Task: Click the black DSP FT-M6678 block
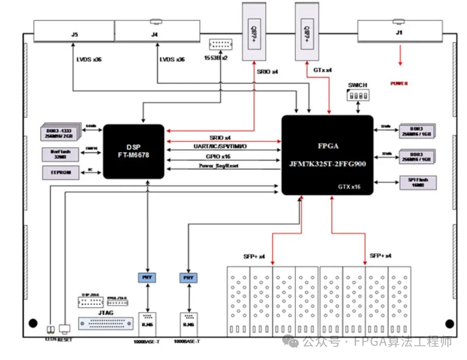tap(134, 151)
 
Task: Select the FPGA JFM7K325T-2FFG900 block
tap(327, 155)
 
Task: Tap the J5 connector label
tap(75, 34)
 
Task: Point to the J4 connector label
tap(155, 34)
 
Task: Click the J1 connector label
tap(399, 33)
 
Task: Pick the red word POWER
tap(399, 83)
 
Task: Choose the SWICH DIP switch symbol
tap(357, 95)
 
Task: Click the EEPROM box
tap(60, 172)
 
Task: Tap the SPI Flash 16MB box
tap(417, 183)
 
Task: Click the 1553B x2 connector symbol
tap(220, 45)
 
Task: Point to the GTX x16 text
tap(349, 187)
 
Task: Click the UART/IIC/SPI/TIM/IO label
tap(221, 147)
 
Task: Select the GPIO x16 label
tap(220, 157)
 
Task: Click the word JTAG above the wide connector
tap(105, 312)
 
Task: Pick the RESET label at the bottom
tap(65, 340)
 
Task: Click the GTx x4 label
tap(323, 70)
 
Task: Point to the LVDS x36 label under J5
tap(89, 59)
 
